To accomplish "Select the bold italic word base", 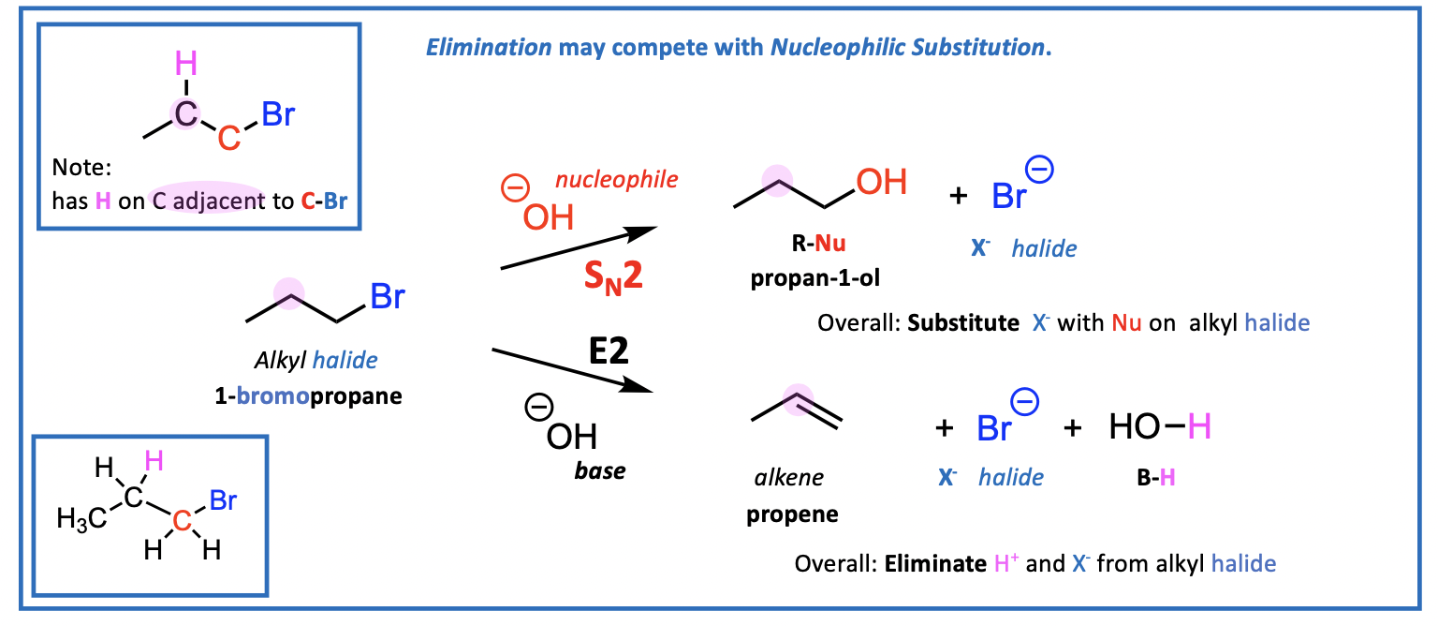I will click(x=600, y=470).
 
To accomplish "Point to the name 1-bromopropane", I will click(x=308, y=395).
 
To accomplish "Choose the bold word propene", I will click(x=792, y=514).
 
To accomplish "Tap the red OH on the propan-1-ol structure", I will click(x=881, y=182).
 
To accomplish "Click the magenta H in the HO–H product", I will click(x=1199, y=427).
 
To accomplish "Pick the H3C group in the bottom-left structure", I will click(x=81, y=518).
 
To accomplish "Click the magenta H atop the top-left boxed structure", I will click(x=187, y=65).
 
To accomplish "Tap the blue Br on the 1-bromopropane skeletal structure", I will click(x=388, y=297).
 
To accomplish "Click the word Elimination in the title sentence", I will click(x=489, y=47).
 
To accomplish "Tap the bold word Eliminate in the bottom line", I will click(x=933, y=564).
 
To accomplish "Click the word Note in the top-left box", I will click(x=81, y=170).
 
